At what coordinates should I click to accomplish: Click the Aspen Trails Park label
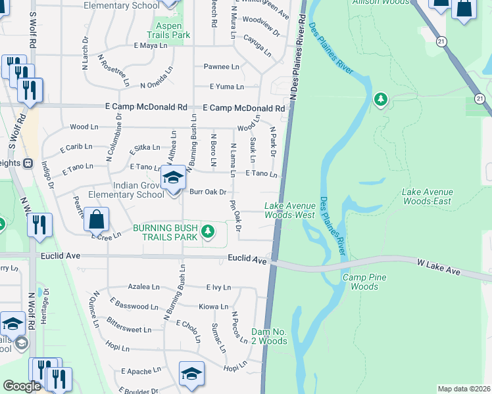click(x=168, y=30)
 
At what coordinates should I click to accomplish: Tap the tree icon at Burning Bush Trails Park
click(x=208, y=230)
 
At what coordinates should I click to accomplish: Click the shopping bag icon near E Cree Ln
click(x=96, y=219)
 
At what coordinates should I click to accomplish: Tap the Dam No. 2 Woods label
click(x=269, y=336)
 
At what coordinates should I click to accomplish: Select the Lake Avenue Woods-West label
click(x=289, y=210)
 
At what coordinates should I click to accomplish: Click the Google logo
click(x=22, y=386)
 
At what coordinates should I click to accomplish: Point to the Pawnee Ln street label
click(x=221, y=67)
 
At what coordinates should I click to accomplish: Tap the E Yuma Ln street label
click(x=227, y=87)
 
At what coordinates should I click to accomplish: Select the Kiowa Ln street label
click(x=213, y=307)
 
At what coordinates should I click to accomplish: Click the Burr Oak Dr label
click(x=208, y=192)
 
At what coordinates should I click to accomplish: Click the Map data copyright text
click(x=464, y=389)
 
